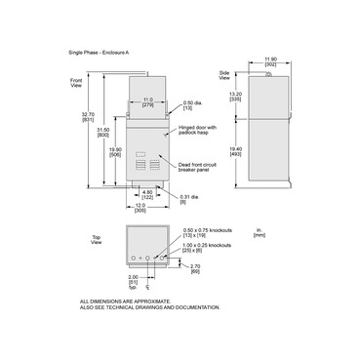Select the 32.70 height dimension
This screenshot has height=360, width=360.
click(89, 119)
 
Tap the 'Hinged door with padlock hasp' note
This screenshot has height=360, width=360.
click(200, 129)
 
